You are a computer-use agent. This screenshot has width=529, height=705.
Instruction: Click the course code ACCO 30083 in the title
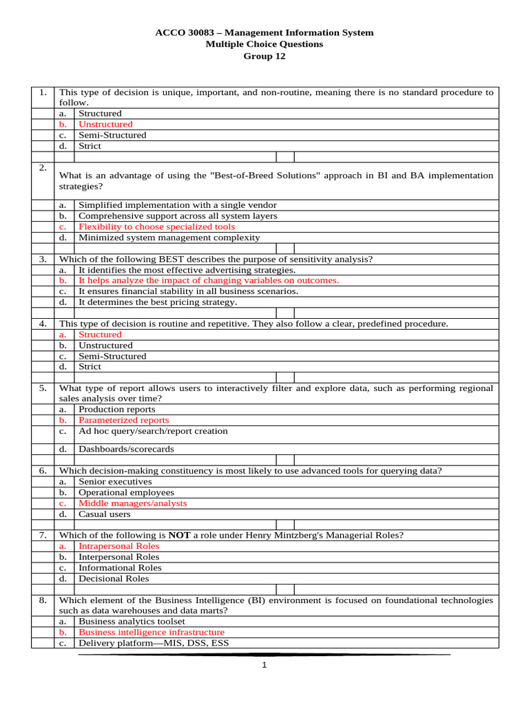(180, 32)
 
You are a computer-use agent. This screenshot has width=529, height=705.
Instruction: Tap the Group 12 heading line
(264, 56)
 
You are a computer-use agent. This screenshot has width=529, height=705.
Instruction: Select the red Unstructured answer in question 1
(105, 125)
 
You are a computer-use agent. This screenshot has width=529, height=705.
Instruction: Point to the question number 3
(43, 260)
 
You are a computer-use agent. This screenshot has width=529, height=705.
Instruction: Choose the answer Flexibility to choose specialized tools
(156, 227)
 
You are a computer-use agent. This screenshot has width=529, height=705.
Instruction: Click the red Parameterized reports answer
(123, 420)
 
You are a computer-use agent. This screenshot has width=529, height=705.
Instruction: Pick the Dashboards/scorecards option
(126, 449)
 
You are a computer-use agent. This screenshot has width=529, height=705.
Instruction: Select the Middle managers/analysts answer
(132, 503)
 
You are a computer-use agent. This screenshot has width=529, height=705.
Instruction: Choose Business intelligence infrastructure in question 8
(152, 632)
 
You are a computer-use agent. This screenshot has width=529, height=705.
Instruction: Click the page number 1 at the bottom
(264, 665)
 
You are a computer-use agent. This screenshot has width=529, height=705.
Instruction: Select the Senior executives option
(115, 482)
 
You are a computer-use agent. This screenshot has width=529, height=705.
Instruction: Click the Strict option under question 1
(90, 146)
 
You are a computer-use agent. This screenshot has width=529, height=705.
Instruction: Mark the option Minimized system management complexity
(169, 238)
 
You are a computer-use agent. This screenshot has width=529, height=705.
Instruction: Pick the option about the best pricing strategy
(158, 302)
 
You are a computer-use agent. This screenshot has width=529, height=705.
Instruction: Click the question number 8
(43, 600)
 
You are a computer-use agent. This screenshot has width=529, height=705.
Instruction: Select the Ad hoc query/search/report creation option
(153, 431)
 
